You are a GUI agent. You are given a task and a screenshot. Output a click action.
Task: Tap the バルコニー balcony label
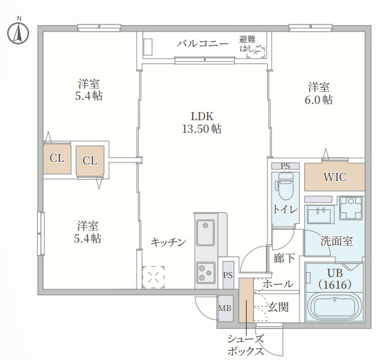point(203,44)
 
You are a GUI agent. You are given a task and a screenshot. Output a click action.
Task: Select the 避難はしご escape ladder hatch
point(253,45)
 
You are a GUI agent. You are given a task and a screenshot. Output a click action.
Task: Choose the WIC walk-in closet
point(334,177)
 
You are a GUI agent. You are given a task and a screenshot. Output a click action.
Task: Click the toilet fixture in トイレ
point(284,188)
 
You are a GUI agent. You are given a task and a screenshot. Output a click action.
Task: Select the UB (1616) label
point(334,279)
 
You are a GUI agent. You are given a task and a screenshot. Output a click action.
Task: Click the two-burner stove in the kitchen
point(205,271)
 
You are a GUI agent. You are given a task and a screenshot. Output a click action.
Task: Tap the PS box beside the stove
point(228,275)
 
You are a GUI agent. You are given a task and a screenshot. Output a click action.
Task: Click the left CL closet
point(57,159)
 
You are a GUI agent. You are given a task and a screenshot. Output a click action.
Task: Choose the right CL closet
point(90,161)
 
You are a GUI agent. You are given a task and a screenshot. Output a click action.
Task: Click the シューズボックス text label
point(246,345)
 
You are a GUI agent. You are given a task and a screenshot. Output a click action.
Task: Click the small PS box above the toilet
point(285,166)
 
